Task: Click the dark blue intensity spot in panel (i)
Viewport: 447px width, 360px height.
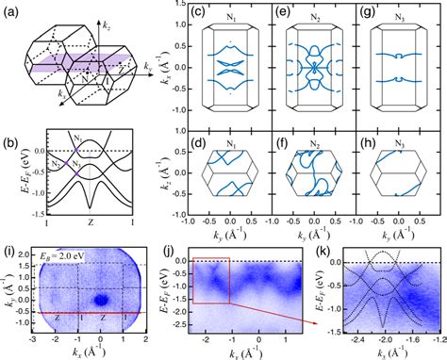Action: click(95, 300)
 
